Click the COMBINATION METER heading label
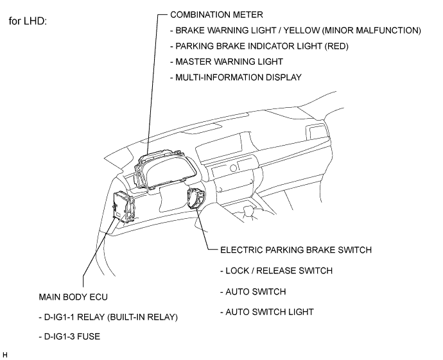click(x=216, y=15)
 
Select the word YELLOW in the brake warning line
click(x=302, y=30)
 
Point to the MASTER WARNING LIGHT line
click(x=226, y=62)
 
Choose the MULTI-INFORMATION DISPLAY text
click(x=236, y=77)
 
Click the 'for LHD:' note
click(x=28, y=21)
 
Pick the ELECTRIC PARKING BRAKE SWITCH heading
click(x=296, y=250)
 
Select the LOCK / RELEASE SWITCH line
click(x=276, y=271)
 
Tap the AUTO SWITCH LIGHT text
click(x=267, y=312)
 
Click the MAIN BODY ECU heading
click(x=73, y=297)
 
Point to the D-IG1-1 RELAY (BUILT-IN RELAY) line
click(x=109, y=317)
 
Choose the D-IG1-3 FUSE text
click(x=69, y=336)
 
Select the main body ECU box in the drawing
click(x=124, y=207)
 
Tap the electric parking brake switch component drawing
click(x=196, y=198)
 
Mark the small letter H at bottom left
click(x=4, y=355)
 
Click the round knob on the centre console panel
click(x=233, y=168)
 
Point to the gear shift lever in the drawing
click(x=248, y=212)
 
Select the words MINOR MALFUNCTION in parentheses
click(x=372, y=30)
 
